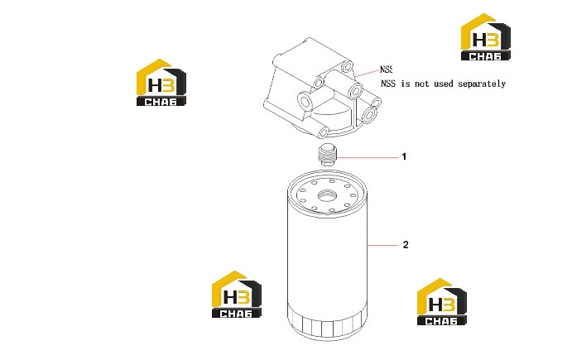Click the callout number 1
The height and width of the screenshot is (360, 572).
tap(404, 156)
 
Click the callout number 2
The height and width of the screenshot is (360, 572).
tap(406, 245)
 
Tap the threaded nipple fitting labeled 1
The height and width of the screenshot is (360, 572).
tap(327, 154)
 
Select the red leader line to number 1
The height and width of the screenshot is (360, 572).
tap(368, 157)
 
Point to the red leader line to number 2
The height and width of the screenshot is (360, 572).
tap(382, 246)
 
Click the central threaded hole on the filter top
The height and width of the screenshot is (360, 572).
tap(325, 195)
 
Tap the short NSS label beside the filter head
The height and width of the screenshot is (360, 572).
tap(386, 70)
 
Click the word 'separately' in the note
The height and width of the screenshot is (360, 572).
tap(482, 84)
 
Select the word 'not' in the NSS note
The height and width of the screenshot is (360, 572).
tap(421, 84)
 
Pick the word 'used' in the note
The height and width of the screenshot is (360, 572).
tap(444, 84)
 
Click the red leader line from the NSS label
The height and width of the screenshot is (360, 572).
tap(367, 73)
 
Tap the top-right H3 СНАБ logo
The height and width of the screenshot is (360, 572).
tap(486, 37)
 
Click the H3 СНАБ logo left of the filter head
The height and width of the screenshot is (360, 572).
tap(161, 83)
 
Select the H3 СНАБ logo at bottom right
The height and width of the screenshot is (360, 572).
tap(442, 301)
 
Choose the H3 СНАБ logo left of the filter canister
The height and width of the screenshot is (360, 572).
tap(237, 295)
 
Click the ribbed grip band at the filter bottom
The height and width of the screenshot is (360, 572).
tap(327, 322)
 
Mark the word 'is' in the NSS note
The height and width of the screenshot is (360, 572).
tap(405, 84)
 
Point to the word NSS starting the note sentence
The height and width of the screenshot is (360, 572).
tap(388, 84)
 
